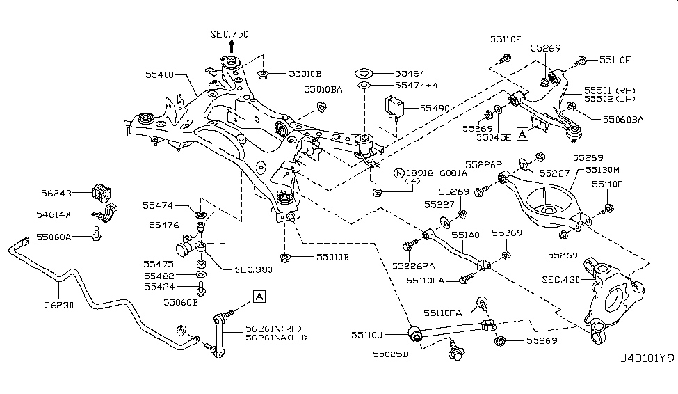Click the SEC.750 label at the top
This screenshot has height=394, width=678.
(x=229, y=34)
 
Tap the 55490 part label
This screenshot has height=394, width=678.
(x=434, y=109)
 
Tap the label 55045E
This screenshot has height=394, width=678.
(x=493, y=137)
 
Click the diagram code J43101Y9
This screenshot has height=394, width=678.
(x=646, y=379)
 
